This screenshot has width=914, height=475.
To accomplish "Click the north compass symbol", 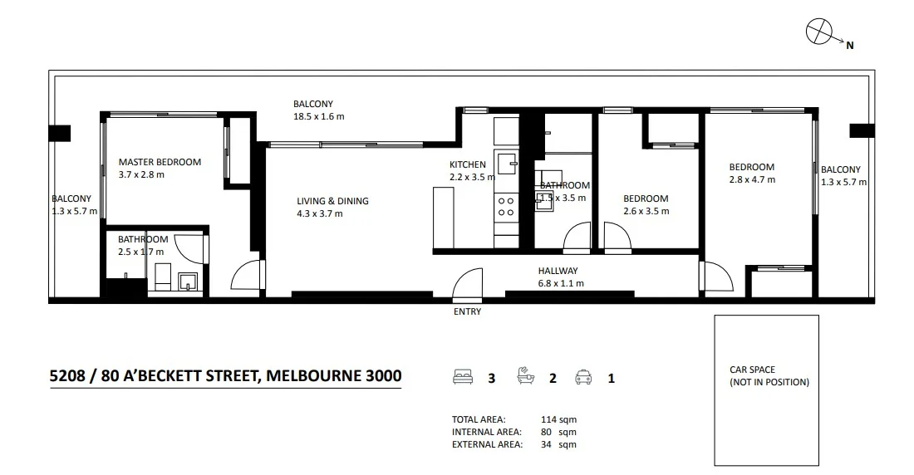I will point(819,32).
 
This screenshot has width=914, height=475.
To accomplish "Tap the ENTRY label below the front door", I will point(467,312).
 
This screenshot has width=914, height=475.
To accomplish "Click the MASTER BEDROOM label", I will point(160,162).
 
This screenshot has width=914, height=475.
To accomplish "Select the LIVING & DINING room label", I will point(332,201).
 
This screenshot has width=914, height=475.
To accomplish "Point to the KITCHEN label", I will point(468,164).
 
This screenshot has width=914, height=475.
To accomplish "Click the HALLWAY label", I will point(558,271).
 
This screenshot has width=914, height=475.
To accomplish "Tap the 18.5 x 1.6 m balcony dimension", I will point(318,117).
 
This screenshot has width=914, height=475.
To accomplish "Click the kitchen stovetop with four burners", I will point(505,206).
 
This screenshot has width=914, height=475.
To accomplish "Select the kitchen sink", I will point(506,160).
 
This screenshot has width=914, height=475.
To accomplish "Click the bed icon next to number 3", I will point(462,379).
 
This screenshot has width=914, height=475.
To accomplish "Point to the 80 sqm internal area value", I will point(563,432).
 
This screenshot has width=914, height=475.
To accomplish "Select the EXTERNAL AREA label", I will point(487,444).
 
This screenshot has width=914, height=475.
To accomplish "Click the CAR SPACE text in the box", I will point(752,370).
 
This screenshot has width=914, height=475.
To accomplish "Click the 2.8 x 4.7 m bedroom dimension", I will point(752,179).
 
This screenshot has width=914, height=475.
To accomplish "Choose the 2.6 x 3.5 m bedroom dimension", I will point(646,211).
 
